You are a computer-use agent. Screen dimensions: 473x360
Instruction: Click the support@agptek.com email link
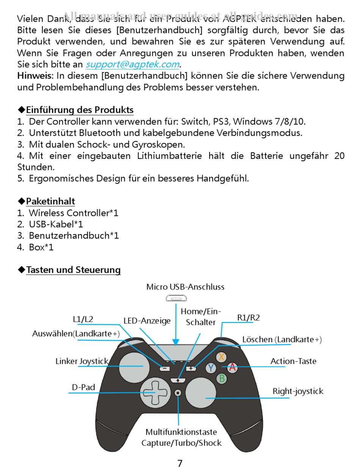(x=132, y=64)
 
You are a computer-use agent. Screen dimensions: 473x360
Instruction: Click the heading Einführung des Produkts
(x=80, y=110)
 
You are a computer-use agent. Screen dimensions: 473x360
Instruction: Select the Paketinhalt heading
(x=50, y=201)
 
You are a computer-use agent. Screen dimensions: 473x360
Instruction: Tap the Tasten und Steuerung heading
(x=73, y=270)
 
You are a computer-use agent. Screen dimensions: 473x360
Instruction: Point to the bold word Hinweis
(x=34, y=76)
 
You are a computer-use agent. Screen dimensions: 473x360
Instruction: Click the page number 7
(x=180, y=463)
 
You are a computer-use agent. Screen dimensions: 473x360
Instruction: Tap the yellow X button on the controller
(x=222, y=357)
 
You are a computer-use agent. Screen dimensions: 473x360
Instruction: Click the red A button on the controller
(x=232, y=367)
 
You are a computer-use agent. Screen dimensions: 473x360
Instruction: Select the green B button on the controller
(x=222, y=378)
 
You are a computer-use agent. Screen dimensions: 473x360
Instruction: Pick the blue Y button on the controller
(x=211, y=368)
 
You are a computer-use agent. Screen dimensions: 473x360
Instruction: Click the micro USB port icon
(x=175, y=299)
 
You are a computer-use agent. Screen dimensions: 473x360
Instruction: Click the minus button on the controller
(x=164, y=368)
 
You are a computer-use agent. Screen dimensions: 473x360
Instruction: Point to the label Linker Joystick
(x=81, y=361)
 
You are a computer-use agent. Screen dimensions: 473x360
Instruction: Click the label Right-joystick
(x=298, y=391)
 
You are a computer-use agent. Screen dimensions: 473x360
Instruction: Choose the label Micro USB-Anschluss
(x=185, y=287)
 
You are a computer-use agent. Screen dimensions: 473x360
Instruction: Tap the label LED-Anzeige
(x=147, y=321)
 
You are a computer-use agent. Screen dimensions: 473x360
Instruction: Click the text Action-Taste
(x=293, y=361)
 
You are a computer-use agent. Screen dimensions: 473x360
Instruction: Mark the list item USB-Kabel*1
(x=56, y=224)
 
